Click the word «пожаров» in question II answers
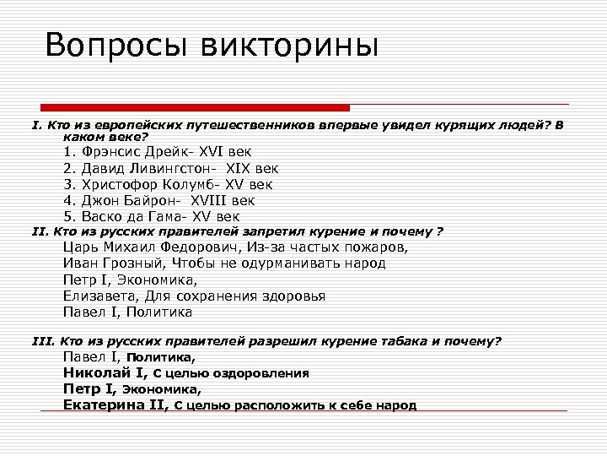click(x=373, y=247)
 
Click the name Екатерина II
click(x=115, y=404)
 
